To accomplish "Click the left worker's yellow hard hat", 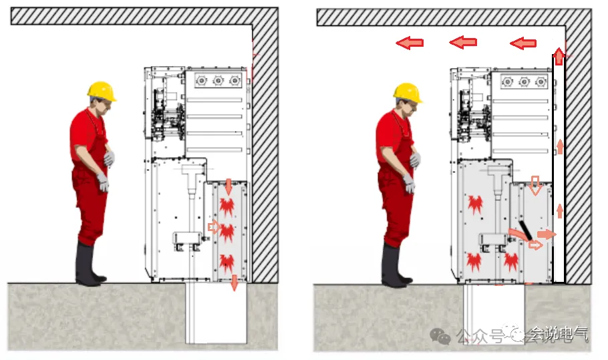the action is click(102, 92).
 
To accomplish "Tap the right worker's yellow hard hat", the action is click(408, 93).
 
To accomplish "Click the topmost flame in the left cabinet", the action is click(226, 206).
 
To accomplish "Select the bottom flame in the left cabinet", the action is click(226, 262).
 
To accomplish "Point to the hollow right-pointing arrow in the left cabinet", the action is click(214, 226).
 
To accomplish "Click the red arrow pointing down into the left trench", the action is click(235, 283).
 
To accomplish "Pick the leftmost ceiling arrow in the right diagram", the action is click(410, 43).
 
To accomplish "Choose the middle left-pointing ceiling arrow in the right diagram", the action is click(463, 42).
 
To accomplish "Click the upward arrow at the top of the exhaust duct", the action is click(559, 57).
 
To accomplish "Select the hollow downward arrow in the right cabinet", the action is click(535, 185).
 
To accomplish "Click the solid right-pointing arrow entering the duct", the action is click(547, 234).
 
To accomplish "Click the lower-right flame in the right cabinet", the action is click(511, 262).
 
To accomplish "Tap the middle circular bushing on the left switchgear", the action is click(218, 81).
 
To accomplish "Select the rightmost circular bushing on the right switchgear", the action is click(541, 81).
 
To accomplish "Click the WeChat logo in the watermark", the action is click(440, 335).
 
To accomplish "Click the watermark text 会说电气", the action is click(559, 334).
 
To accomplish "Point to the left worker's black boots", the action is click(90, 265).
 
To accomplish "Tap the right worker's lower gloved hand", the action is click(409, 183).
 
